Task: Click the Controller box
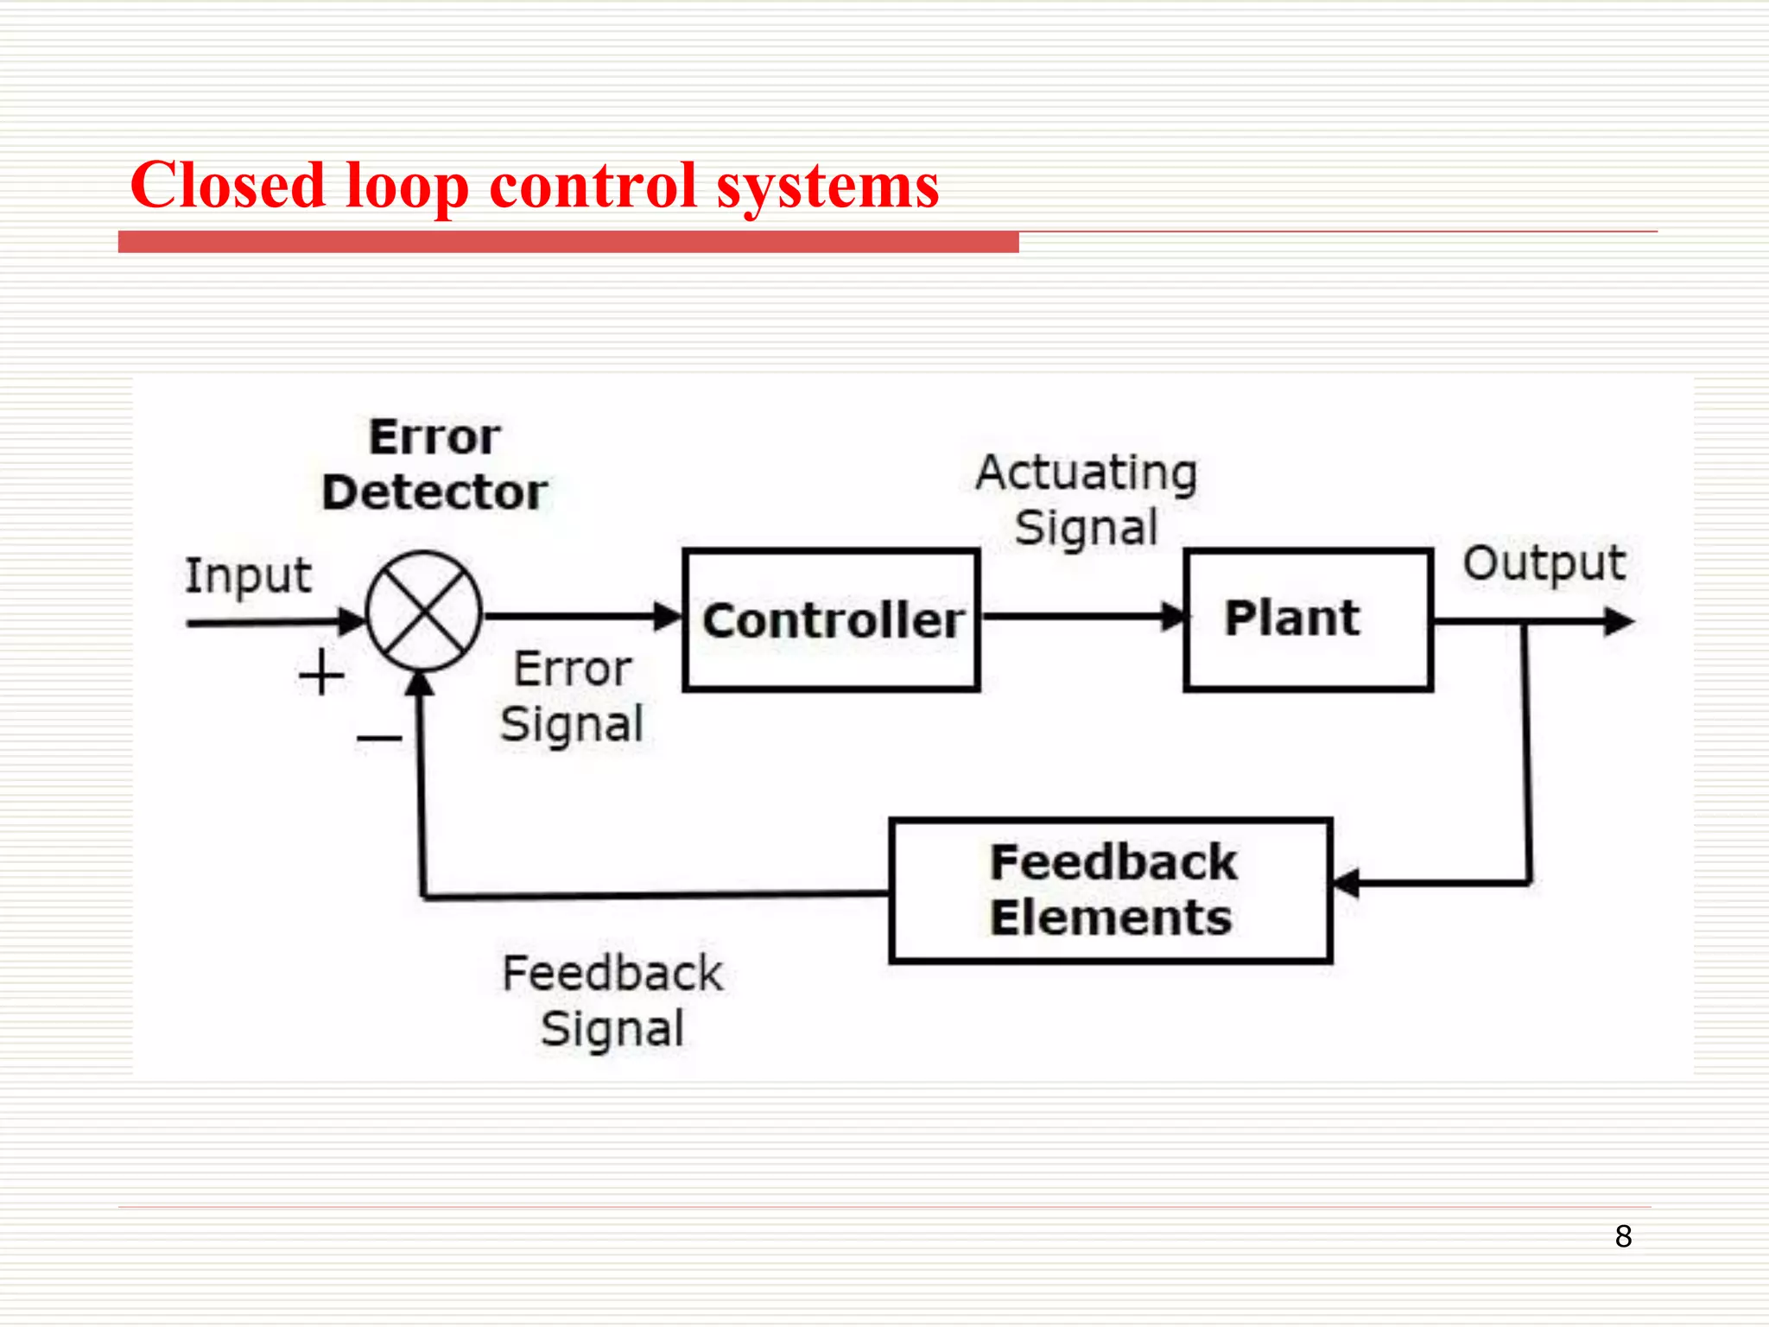point(831,620)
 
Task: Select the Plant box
point(1308,620)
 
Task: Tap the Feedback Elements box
point(1111,891)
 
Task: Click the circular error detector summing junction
point(423,612)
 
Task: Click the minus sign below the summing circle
point(379,738)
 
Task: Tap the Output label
point(1544,564)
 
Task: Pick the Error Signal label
point(572,696)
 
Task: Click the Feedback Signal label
point(612,1000)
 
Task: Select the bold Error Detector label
point(434,465)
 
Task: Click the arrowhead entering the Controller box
point(668,617)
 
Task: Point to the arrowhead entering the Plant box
point(1174,617)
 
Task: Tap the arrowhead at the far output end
point(1619,621)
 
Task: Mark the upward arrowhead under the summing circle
point(420,683)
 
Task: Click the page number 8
point(1623,1236)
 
